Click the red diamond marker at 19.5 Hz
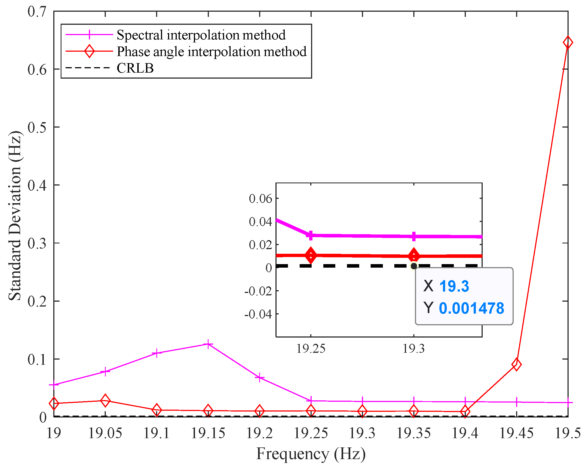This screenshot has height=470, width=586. point(568,42)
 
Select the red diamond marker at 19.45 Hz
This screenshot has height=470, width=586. point(516,364)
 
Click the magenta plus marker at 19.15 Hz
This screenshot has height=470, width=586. point(208,344)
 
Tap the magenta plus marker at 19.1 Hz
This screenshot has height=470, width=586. point(157,353)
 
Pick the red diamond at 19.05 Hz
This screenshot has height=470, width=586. point(105,401)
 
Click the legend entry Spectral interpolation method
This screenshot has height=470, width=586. point(201,35)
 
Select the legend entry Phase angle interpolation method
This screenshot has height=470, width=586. point(211,51)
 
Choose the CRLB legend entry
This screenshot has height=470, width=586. point(135,68)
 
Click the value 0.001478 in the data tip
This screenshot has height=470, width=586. point(472,308)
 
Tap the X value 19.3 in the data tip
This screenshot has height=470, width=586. point(454,286)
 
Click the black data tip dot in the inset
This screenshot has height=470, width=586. point(414,266)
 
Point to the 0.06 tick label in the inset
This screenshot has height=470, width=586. point(260,199)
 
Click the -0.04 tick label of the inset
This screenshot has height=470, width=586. point(258,314)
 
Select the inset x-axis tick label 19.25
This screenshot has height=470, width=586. point(311,348)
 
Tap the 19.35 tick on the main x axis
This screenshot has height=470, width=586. point(414,433)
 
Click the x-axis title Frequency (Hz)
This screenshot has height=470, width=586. point(311,454)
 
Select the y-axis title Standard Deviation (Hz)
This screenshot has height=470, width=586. point(15,215)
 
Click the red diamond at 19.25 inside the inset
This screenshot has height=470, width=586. point(311,255)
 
